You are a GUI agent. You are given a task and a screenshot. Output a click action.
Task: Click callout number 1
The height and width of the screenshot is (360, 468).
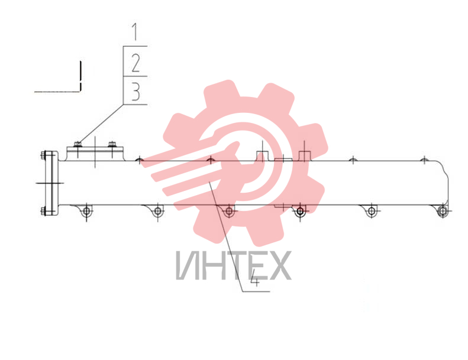tap(135, 32)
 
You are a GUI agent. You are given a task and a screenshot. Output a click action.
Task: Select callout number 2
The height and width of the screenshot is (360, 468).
tap(136, 63)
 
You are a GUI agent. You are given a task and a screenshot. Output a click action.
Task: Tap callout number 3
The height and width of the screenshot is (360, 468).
tap(136, 92)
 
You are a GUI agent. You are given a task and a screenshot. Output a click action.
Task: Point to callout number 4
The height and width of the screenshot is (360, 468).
tap(254, 278)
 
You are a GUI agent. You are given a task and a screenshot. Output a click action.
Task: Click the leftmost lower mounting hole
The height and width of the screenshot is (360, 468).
tap(86, 211)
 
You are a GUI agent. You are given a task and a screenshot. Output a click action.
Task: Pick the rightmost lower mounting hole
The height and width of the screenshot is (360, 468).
tap(443, 212)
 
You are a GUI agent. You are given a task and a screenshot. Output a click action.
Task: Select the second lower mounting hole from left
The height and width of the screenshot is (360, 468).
tap(157, 211)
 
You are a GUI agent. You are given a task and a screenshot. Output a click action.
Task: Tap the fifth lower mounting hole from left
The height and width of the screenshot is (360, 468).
tap(372, 211)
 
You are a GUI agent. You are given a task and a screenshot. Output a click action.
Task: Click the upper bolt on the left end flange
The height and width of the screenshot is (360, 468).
tap(43, 155)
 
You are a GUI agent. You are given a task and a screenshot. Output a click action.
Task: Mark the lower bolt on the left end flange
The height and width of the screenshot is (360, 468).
tap(43, 211)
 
